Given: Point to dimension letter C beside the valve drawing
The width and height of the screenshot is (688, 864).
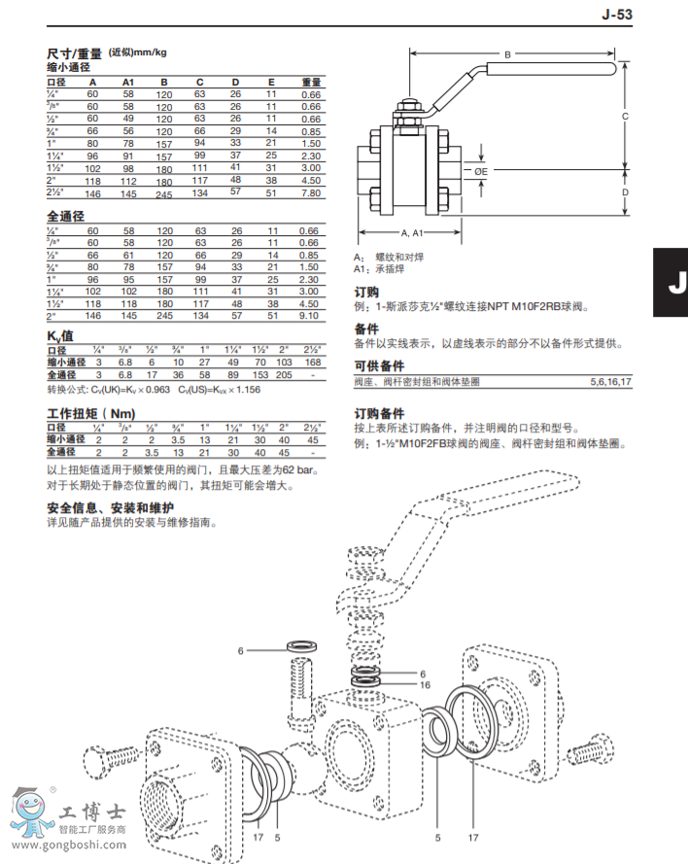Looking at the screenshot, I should point(625,116).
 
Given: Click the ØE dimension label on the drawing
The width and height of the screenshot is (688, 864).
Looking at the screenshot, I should point(481,171).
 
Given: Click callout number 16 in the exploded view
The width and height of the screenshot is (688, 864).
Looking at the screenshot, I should point(424,684).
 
